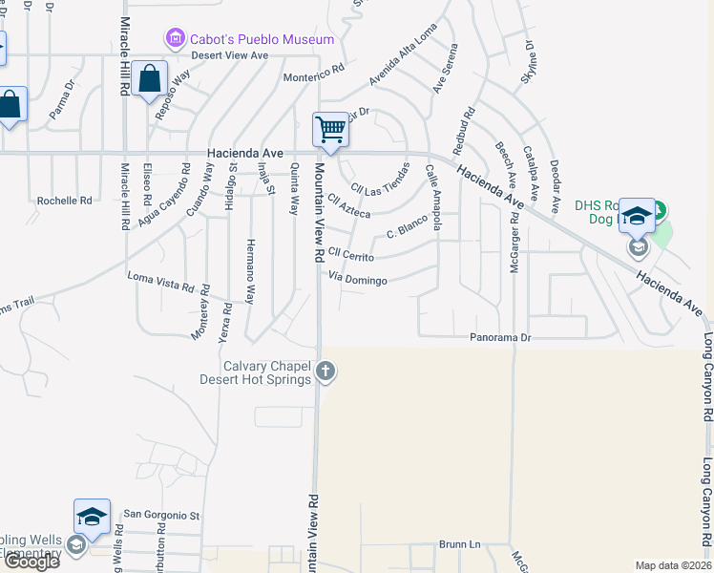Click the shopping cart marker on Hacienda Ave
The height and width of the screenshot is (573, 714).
[x=330, y=130]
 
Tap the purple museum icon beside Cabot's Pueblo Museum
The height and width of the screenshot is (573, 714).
[x=175, y=39]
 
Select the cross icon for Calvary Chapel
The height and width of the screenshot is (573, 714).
[x=325, y=371]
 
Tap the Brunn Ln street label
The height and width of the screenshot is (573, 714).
[x=460, y=544]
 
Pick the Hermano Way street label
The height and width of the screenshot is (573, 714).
[x=250, y=270]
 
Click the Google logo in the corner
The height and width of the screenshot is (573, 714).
[x=31, y=562]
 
